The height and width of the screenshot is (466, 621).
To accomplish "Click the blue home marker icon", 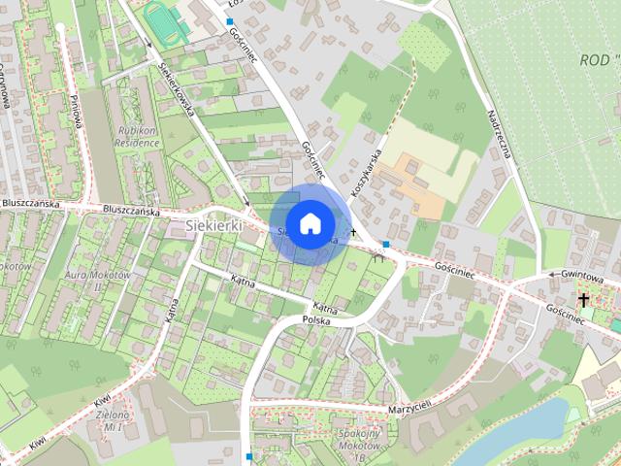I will point(309,224).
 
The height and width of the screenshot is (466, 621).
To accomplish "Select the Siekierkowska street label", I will point(174,89).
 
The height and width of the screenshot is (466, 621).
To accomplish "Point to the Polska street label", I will point(316,319).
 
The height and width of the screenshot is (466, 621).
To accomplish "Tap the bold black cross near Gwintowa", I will point(584,300).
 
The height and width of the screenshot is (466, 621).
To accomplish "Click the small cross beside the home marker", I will point(355,233).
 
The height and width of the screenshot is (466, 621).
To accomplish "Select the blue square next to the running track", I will point(230,20).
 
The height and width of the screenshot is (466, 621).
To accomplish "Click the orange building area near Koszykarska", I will point(407,185).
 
